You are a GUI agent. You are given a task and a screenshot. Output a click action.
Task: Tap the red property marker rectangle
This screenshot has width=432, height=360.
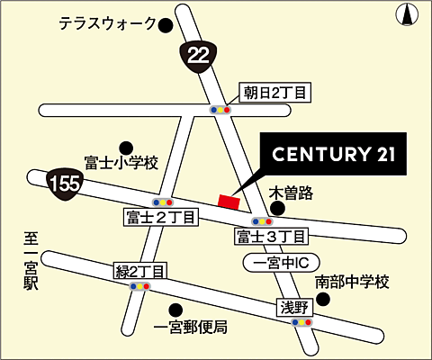[229, 202]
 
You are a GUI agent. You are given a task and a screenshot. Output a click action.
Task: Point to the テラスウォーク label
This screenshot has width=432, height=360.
[107, 24]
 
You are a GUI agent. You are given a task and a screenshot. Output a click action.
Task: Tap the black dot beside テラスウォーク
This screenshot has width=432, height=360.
[165, 26]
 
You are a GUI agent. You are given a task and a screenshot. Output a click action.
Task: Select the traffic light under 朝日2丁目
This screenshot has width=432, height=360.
[220, 109]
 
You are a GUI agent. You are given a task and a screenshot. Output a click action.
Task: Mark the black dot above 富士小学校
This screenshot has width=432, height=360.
[126, 147]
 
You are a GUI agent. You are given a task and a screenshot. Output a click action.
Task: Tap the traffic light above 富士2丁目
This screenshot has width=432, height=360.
[162, 202]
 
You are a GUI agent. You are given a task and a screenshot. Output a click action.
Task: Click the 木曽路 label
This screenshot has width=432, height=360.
[291, 192]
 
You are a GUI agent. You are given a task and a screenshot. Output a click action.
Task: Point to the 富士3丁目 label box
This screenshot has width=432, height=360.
[272, 237]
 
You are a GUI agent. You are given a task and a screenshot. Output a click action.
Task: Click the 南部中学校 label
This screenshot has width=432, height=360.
[352, 283]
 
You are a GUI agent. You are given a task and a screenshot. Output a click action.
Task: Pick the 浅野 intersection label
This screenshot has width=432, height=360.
[294, 307]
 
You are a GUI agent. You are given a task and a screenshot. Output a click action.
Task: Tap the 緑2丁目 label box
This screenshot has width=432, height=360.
[140, 271]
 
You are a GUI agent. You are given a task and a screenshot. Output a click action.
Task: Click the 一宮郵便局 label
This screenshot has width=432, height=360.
[190, 326]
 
